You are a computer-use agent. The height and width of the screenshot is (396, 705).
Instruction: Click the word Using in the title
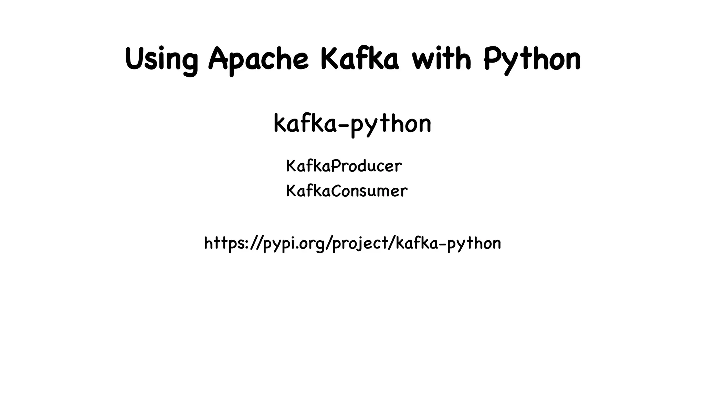tap(161, 59)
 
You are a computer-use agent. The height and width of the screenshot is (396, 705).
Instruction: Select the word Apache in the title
tap(259, 59)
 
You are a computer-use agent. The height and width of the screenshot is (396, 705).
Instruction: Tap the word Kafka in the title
tap(360, 59)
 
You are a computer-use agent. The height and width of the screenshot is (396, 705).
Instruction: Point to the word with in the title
tap(442, 59)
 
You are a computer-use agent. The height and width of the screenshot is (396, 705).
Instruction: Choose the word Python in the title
tap(532, 59)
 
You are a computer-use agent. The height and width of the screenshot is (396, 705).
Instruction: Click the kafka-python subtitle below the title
tap(352, 124)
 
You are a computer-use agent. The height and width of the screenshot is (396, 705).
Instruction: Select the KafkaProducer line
tap(344, 166)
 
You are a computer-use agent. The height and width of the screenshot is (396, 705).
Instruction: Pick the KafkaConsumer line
tap(346, 191)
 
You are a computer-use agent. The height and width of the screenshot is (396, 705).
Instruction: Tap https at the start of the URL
tap(224, 243)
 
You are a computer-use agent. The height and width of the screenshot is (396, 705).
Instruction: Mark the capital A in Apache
tap(219, 58)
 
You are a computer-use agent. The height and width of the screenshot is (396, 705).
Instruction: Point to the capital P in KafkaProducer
tap(337, 166)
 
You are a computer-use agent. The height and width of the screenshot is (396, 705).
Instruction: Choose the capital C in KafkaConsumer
tap(337, 191)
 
